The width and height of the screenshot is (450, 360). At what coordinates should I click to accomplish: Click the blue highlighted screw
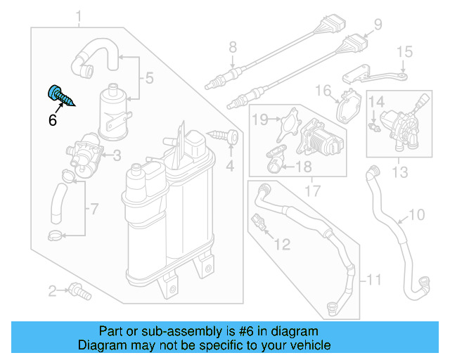click(59, 95)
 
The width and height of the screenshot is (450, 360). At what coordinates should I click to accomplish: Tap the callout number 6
click(52, 120)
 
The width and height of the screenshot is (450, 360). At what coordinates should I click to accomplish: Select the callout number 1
click(79, 15)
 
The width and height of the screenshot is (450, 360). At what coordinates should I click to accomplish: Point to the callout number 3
click(117, 155)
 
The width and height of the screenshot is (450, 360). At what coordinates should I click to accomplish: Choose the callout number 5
click(148, 79)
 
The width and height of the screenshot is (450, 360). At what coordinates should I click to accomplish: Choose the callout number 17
click(310, 190)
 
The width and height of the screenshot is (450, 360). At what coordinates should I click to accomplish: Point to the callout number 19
click(260, 120)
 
